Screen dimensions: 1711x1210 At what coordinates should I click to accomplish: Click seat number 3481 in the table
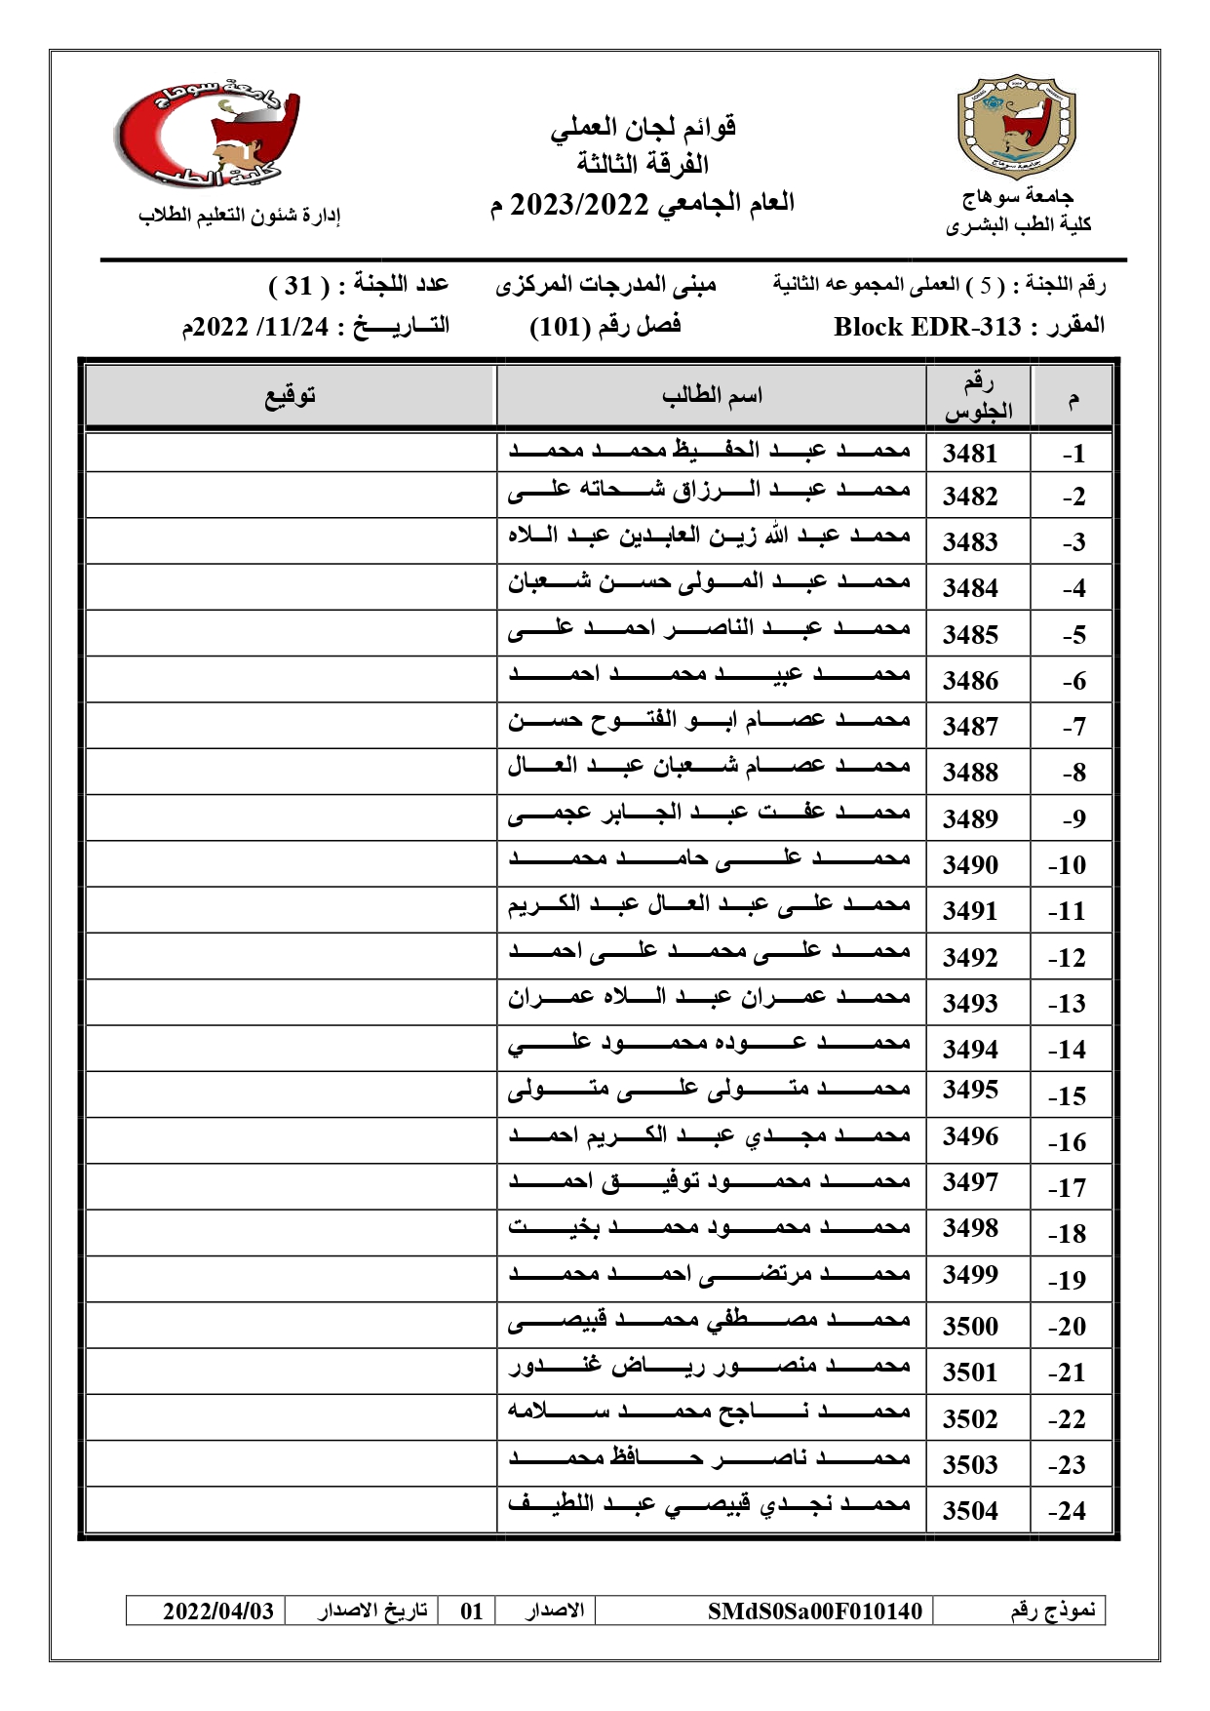click(970, 454)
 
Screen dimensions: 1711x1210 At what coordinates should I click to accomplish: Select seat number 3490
click(970, 865)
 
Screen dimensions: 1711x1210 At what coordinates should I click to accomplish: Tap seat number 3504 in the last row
click(970, 1511)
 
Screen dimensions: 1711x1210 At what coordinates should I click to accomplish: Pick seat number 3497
click(970, 1182)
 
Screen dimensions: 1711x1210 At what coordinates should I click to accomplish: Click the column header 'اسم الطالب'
click(712, 396)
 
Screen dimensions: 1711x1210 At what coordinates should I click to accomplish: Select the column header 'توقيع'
click(291, 396)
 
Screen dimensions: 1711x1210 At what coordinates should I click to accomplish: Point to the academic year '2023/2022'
click(579, 205)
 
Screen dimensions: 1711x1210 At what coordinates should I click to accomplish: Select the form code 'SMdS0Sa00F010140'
click(814, 1611)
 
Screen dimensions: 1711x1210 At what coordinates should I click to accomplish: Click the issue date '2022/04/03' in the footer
click(218, 1611)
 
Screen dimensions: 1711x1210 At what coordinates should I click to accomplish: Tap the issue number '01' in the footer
click(472, 1611)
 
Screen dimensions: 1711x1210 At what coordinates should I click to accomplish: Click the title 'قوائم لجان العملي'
click(644, 128)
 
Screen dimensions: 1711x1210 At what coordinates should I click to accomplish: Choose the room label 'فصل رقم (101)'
click(605, 326)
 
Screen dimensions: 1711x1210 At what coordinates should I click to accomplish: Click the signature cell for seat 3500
click(291, 1326)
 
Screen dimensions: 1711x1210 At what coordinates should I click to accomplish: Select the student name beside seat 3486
click(710, 675)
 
